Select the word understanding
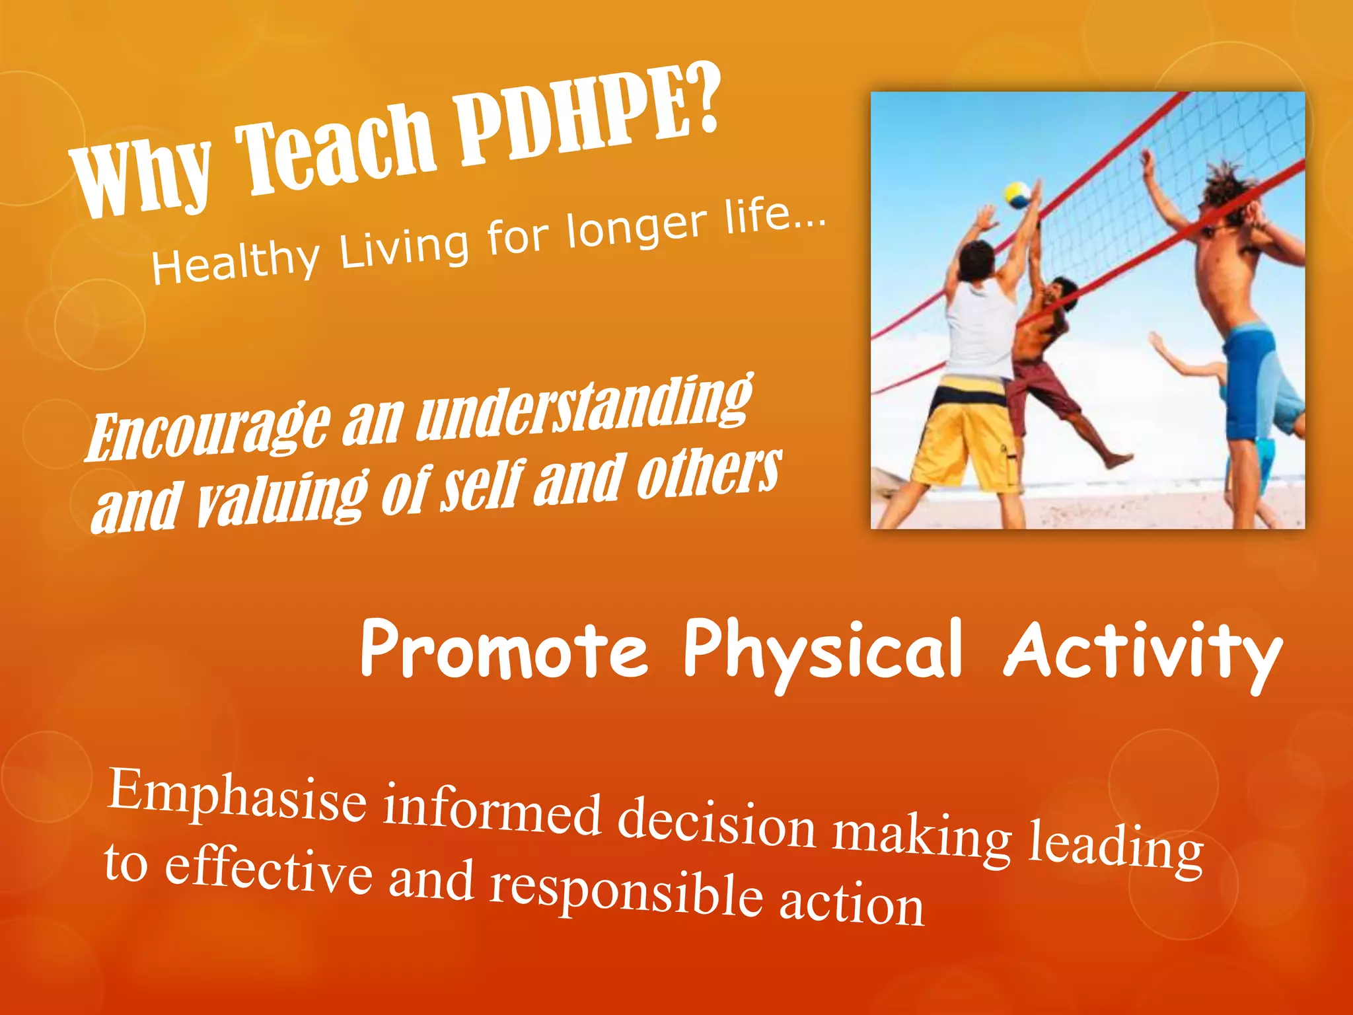[x=585, y=406]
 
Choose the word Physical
[x=823, y=651]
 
